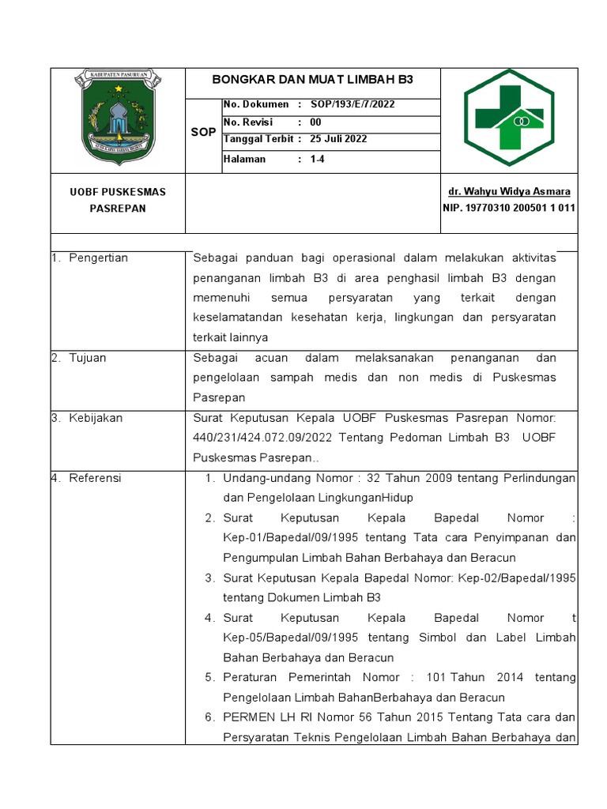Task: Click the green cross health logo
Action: [x=509, y=118]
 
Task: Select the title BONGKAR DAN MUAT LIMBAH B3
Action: [x=313, y=81]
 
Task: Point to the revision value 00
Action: [x=315, y=122]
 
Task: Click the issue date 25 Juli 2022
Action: [x=338, y=139]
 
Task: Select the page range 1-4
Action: [x=318, y=159]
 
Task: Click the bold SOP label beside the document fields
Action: [x=203, y=132]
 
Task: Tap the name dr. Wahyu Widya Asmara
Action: [x=509, y=192]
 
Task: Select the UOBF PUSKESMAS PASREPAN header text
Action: [x=118, y=200]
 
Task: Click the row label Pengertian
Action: [x=98, y=258]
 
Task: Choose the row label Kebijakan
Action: [x=96, y=418]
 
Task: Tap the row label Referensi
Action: [x=95, y=478]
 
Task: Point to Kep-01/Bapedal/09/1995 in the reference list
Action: [x=286, y=538]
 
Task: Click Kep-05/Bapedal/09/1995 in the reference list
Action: [x=287, y=638]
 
